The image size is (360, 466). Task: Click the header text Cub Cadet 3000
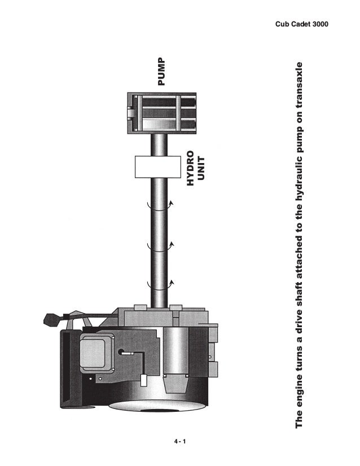click(x=302, y=24)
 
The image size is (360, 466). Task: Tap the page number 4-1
click(x=180, y=441)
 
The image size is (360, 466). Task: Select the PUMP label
click(x=161, y=72)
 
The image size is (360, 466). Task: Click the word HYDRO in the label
click(x=190, y=168)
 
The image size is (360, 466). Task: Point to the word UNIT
click(x=201, y=169)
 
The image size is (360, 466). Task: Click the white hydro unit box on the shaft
click(x=158, y=167)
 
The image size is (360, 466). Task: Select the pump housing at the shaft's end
click(x=162, y=113)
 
